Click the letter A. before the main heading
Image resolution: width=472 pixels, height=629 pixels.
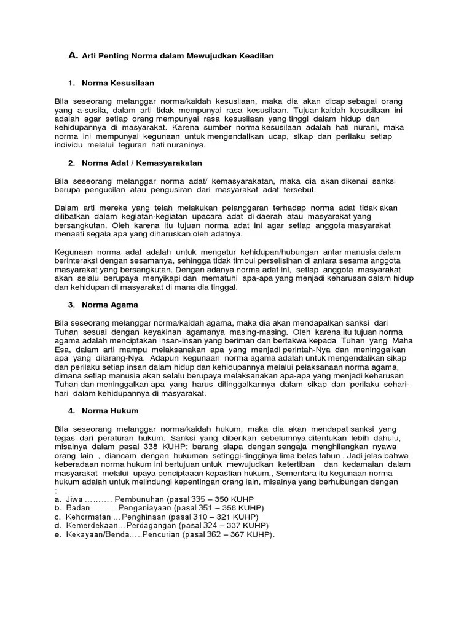pyautogui.click(x=73, y=56)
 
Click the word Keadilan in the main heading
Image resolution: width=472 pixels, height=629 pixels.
pyautogui.click(x=252, y=56)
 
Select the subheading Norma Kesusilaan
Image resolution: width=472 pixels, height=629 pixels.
pyautogui.click(x=120, y=82)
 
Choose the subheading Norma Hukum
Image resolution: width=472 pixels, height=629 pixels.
pyautogui.click(x=112, y=410)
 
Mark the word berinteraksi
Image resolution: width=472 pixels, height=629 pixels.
pyautogui.click(x=79, y=261)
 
